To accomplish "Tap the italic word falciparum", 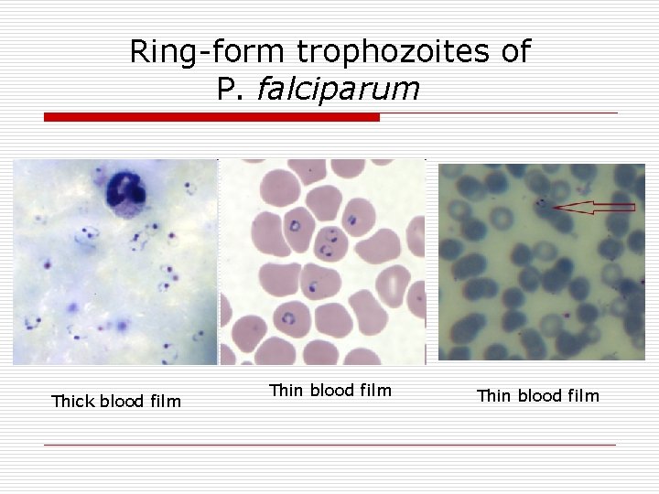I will click(x=339, y=89).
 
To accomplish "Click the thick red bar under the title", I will click(x=211, y=117).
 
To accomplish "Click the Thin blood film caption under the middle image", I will click(x=329, y=391).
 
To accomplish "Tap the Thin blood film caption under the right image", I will click(x=537, y=395).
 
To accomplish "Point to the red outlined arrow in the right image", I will click(x=595, y=208).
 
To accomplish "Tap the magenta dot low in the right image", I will click(x=567, y=317).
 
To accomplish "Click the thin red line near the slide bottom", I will click(x=329, y=446).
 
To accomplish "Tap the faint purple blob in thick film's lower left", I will click(x=73, y=307).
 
